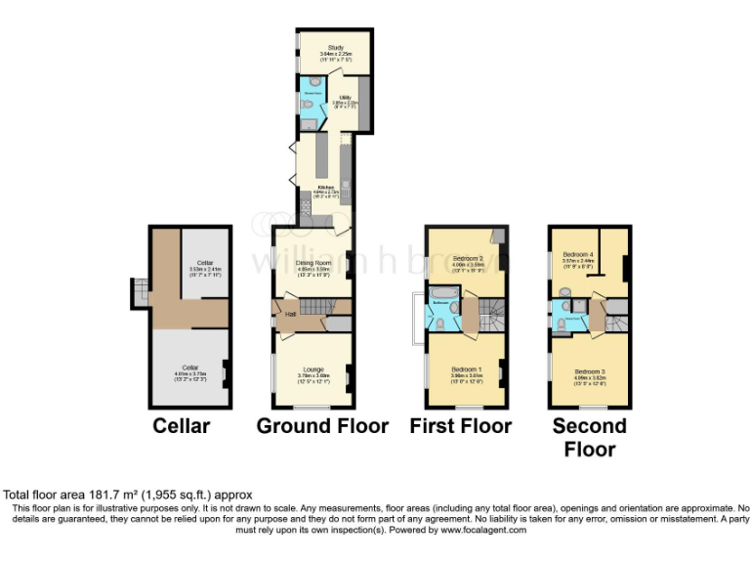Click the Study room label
[x=336, y=47]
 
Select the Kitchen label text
[x=325, y=186]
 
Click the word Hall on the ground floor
[x=290, y=313]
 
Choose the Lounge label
[x=312, y=368]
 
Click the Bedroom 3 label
[x=590, y=371]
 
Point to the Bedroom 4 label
[x=578, y=255]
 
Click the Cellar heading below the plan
[x=181, y=426]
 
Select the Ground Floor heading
[x=322, y=426]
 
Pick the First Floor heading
[x=460, y=426]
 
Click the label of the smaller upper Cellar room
[x=205, y=263]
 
